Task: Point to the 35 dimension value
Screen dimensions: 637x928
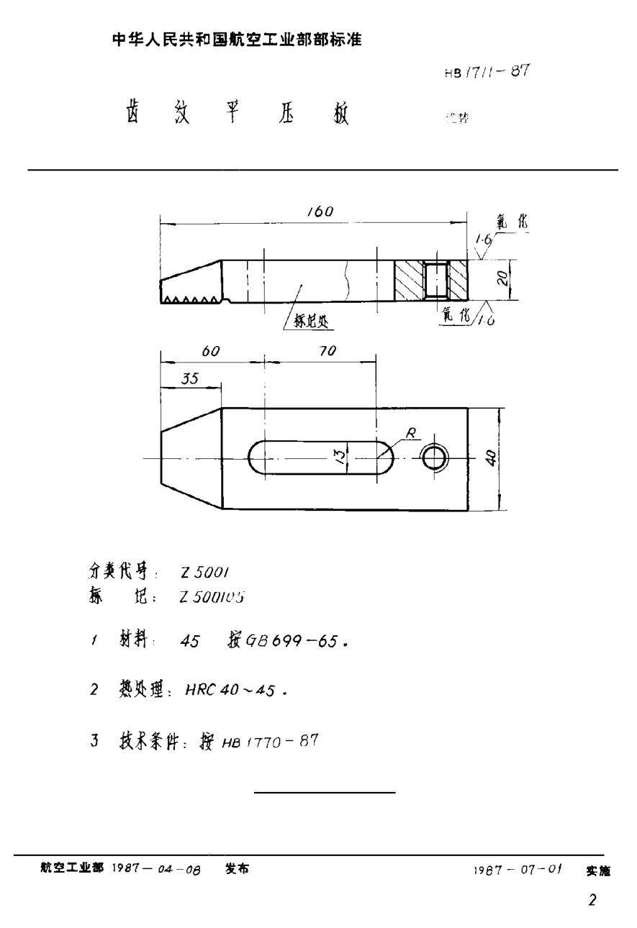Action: point(189,380)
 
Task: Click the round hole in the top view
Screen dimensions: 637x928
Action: point(435,458)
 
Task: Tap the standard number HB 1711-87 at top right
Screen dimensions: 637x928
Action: point(487,72)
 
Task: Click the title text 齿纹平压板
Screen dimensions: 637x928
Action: point(238,114)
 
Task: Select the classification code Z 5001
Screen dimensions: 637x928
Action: point(205,572)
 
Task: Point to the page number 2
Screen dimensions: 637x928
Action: point(592,900)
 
